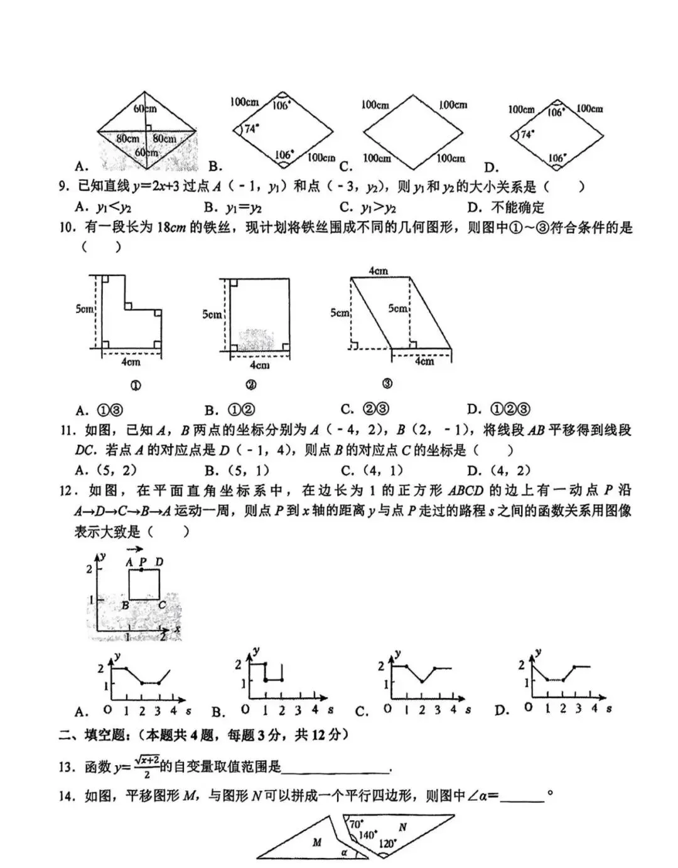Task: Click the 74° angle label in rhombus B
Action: [x=251, y=129]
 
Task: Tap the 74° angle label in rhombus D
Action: [x=527, y=134]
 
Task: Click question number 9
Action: [x=63, y=187]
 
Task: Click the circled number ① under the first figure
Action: [x=134, y=385]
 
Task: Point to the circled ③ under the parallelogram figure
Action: [x=387, y=384]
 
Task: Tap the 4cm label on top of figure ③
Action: [x=378, y=271]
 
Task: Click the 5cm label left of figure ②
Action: [x=212, y=314]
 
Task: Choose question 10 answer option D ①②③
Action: [x=500, y=410]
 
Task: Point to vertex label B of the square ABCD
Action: [x=126, y=606]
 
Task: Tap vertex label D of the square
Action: [x=159, y=562]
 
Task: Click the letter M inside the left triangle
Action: [x=316, y=842]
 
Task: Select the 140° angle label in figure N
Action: [x=367, y=834]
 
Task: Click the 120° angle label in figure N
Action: [x=388, y=844]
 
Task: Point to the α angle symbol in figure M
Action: [x=344, y=852]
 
